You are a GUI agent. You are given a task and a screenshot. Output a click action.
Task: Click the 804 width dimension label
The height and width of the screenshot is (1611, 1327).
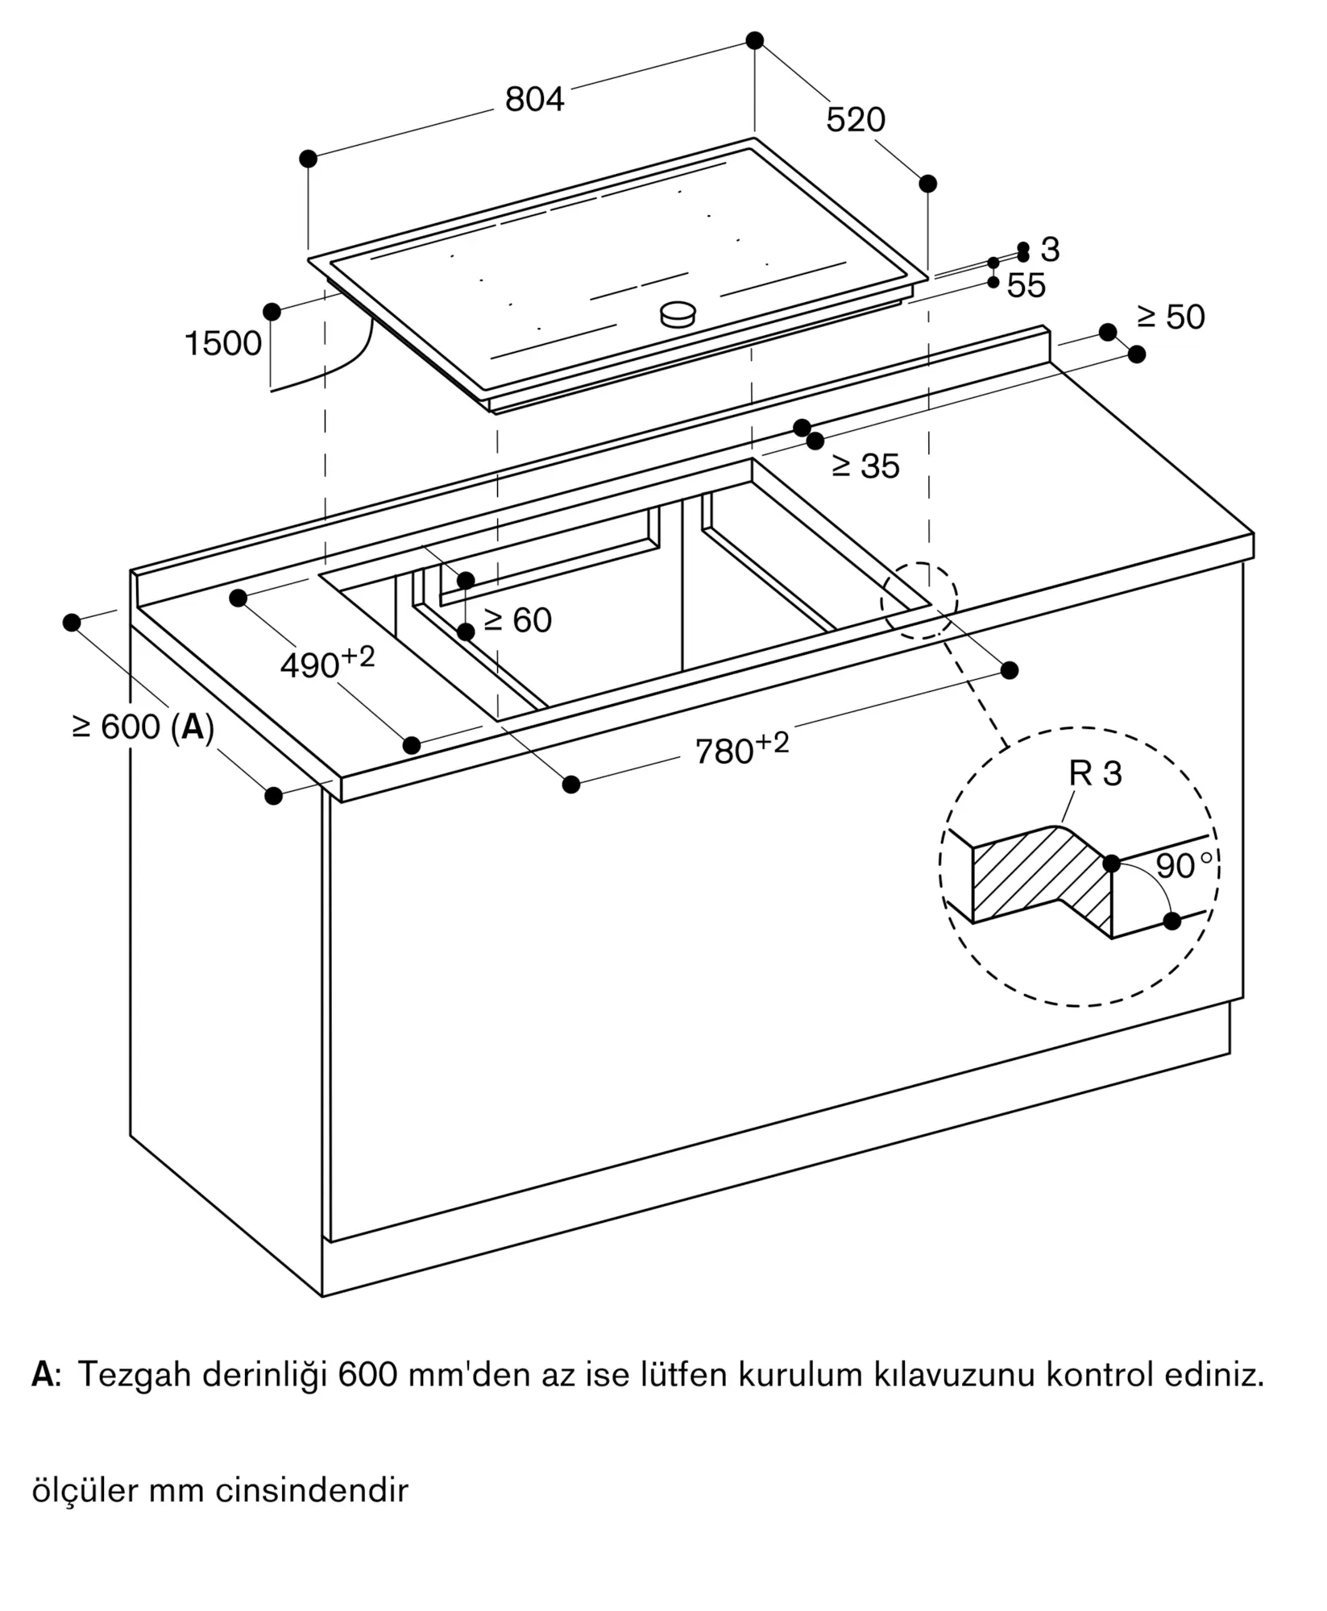click(534, 99)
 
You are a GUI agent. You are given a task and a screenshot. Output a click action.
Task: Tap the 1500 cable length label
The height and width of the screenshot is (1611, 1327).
click(223, 343)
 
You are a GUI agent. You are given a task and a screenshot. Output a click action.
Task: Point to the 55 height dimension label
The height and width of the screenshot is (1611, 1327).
click(1026, 286)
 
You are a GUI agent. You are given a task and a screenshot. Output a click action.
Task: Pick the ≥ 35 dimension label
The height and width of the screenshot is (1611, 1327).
click(865, 466)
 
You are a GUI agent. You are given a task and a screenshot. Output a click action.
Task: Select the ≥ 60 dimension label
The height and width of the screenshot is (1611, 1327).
click(518, 619)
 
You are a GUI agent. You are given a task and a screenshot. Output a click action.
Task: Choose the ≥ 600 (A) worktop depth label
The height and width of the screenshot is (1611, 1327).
click(143, 727)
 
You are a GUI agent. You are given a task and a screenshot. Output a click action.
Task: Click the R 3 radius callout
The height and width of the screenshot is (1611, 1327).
click(1095, 773)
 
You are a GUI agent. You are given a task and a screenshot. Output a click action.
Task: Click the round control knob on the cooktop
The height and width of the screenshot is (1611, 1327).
click(678, 314)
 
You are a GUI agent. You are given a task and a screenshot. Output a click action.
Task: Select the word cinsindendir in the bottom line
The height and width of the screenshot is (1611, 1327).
click(312, 1490)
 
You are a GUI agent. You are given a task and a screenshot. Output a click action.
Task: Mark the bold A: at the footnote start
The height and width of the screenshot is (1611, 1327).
click(44, 1375)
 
